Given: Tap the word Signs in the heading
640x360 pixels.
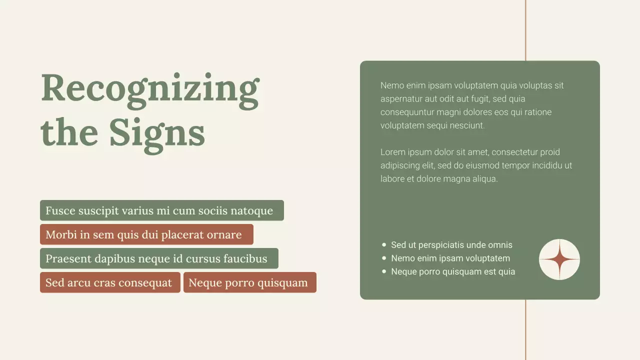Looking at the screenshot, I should coord(157,132).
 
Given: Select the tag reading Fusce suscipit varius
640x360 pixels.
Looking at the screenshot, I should coord(161,210).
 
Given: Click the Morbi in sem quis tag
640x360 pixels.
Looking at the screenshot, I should coord(146,234).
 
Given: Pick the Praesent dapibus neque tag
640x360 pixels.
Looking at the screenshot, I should coord(159,258).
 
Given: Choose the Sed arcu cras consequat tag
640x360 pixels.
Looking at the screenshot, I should coord(110,282).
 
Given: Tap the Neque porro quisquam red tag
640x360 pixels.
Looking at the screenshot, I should coord(249,282).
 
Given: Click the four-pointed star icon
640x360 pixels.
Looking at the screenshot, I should coord(559,259).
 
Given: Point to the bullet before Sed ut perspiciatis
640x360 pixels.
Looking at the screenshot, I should coord(384,245).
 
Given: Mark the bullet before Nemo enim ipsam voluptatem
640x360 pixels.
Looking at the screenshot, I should coord(384,258).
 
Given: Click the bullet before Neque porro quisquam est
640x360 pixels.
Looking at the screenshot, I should coord(384,271).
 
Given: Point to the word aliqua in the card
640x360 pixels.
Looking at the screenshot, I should coord(485,178).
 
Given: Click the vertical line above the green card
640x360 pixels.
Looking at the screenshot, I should coord(525,30).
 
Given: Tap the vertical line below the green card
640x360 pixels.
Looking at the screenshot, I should coord(525,330).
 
